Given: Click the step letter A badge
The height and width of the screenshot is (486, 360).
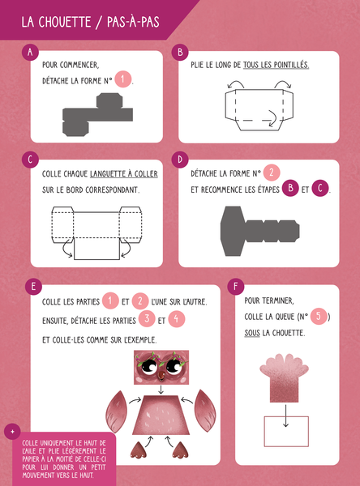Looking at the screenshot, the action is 30,52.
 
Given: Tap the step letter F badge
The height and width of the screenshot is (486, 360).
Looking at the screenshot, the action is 236,286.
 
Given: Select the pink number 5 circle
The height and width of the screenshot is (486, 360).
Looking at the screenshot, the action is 319,316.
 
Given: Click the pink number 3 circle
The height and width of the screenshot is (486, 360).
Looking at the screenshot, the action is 147,318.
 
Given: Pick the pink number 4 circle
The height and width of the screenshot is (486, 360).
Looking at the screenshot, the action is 176,318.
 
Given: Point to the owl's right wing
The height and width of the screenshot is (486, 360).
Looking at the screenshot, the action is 205,411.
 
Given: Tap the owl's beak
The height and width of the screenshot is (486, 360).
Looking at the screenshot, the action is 161,375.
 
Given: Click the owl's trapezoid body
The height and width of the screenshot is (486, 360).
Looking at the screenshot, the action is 161,415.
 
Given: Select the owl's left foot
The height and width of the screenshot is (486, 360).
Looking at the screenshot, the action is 138,450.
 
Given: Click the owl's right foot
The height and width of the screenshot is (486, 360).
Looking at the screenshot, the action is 180,450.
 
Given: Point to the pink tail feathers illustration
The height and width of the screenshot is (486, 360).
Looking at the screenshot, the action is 285,378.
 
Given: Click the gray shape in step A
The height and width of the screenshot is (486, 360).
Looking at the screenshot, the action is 98,114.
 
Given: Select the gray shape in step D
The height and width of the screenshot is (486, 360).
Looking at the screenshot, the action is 259,231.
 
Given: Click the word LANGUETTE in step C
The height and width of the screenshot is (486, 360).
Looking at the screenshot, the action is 106,174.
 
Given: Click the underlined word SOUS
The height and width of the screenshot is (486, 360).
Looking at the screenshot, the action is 252,333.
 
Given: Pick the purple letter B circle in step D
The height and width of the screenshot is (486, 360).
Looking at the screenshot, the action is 290,188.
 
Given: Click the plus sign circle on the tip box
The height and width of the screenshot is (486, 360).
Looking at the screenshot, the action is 12,432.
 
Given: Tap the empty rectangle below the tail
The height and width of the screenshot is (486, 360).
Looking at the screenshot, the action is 286,432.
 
